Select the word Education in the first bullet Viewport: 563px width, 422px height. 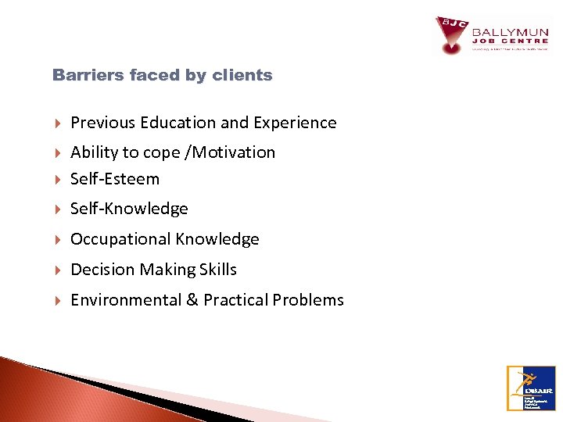coord(179,123)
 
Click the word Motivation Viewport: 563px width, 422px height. coord(234,152)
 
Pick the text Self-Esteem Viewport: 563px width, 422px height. coord(115,179)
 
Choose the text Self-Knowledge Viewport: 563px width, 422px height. coord(129,209)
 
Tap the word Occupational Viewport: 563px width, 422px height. coord(121,239)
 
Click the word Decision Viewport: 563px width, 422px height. coord(102,270)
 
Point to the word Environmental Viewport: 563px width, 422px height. coord(125,300)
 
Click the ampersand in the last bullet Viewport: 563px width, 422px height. coord(192,300)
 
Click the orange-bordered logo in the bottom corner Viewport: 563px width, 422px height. coord(531,388)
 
